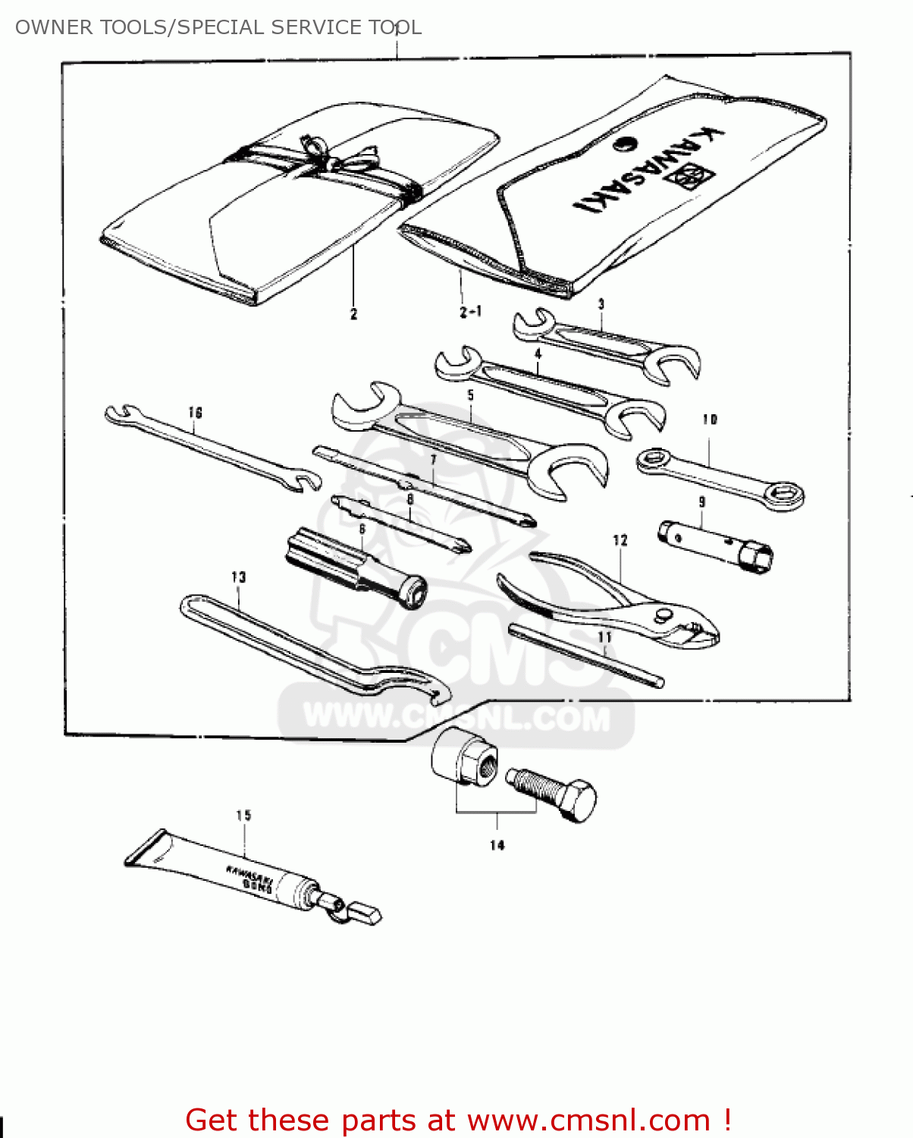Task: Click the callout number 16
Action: (x=195, y=413)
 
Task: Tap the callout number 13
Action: (x=239, y=577)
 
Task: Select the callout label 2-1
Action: (x=470, y=312)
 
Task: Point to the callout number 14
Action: (x=497, y=845)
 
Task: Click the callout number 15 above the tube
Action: (x=243, y=816)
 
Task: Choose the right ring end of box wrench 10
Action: (x=783, y=495)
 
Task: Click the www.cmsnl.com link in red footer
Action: (x=588, y=1120)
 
